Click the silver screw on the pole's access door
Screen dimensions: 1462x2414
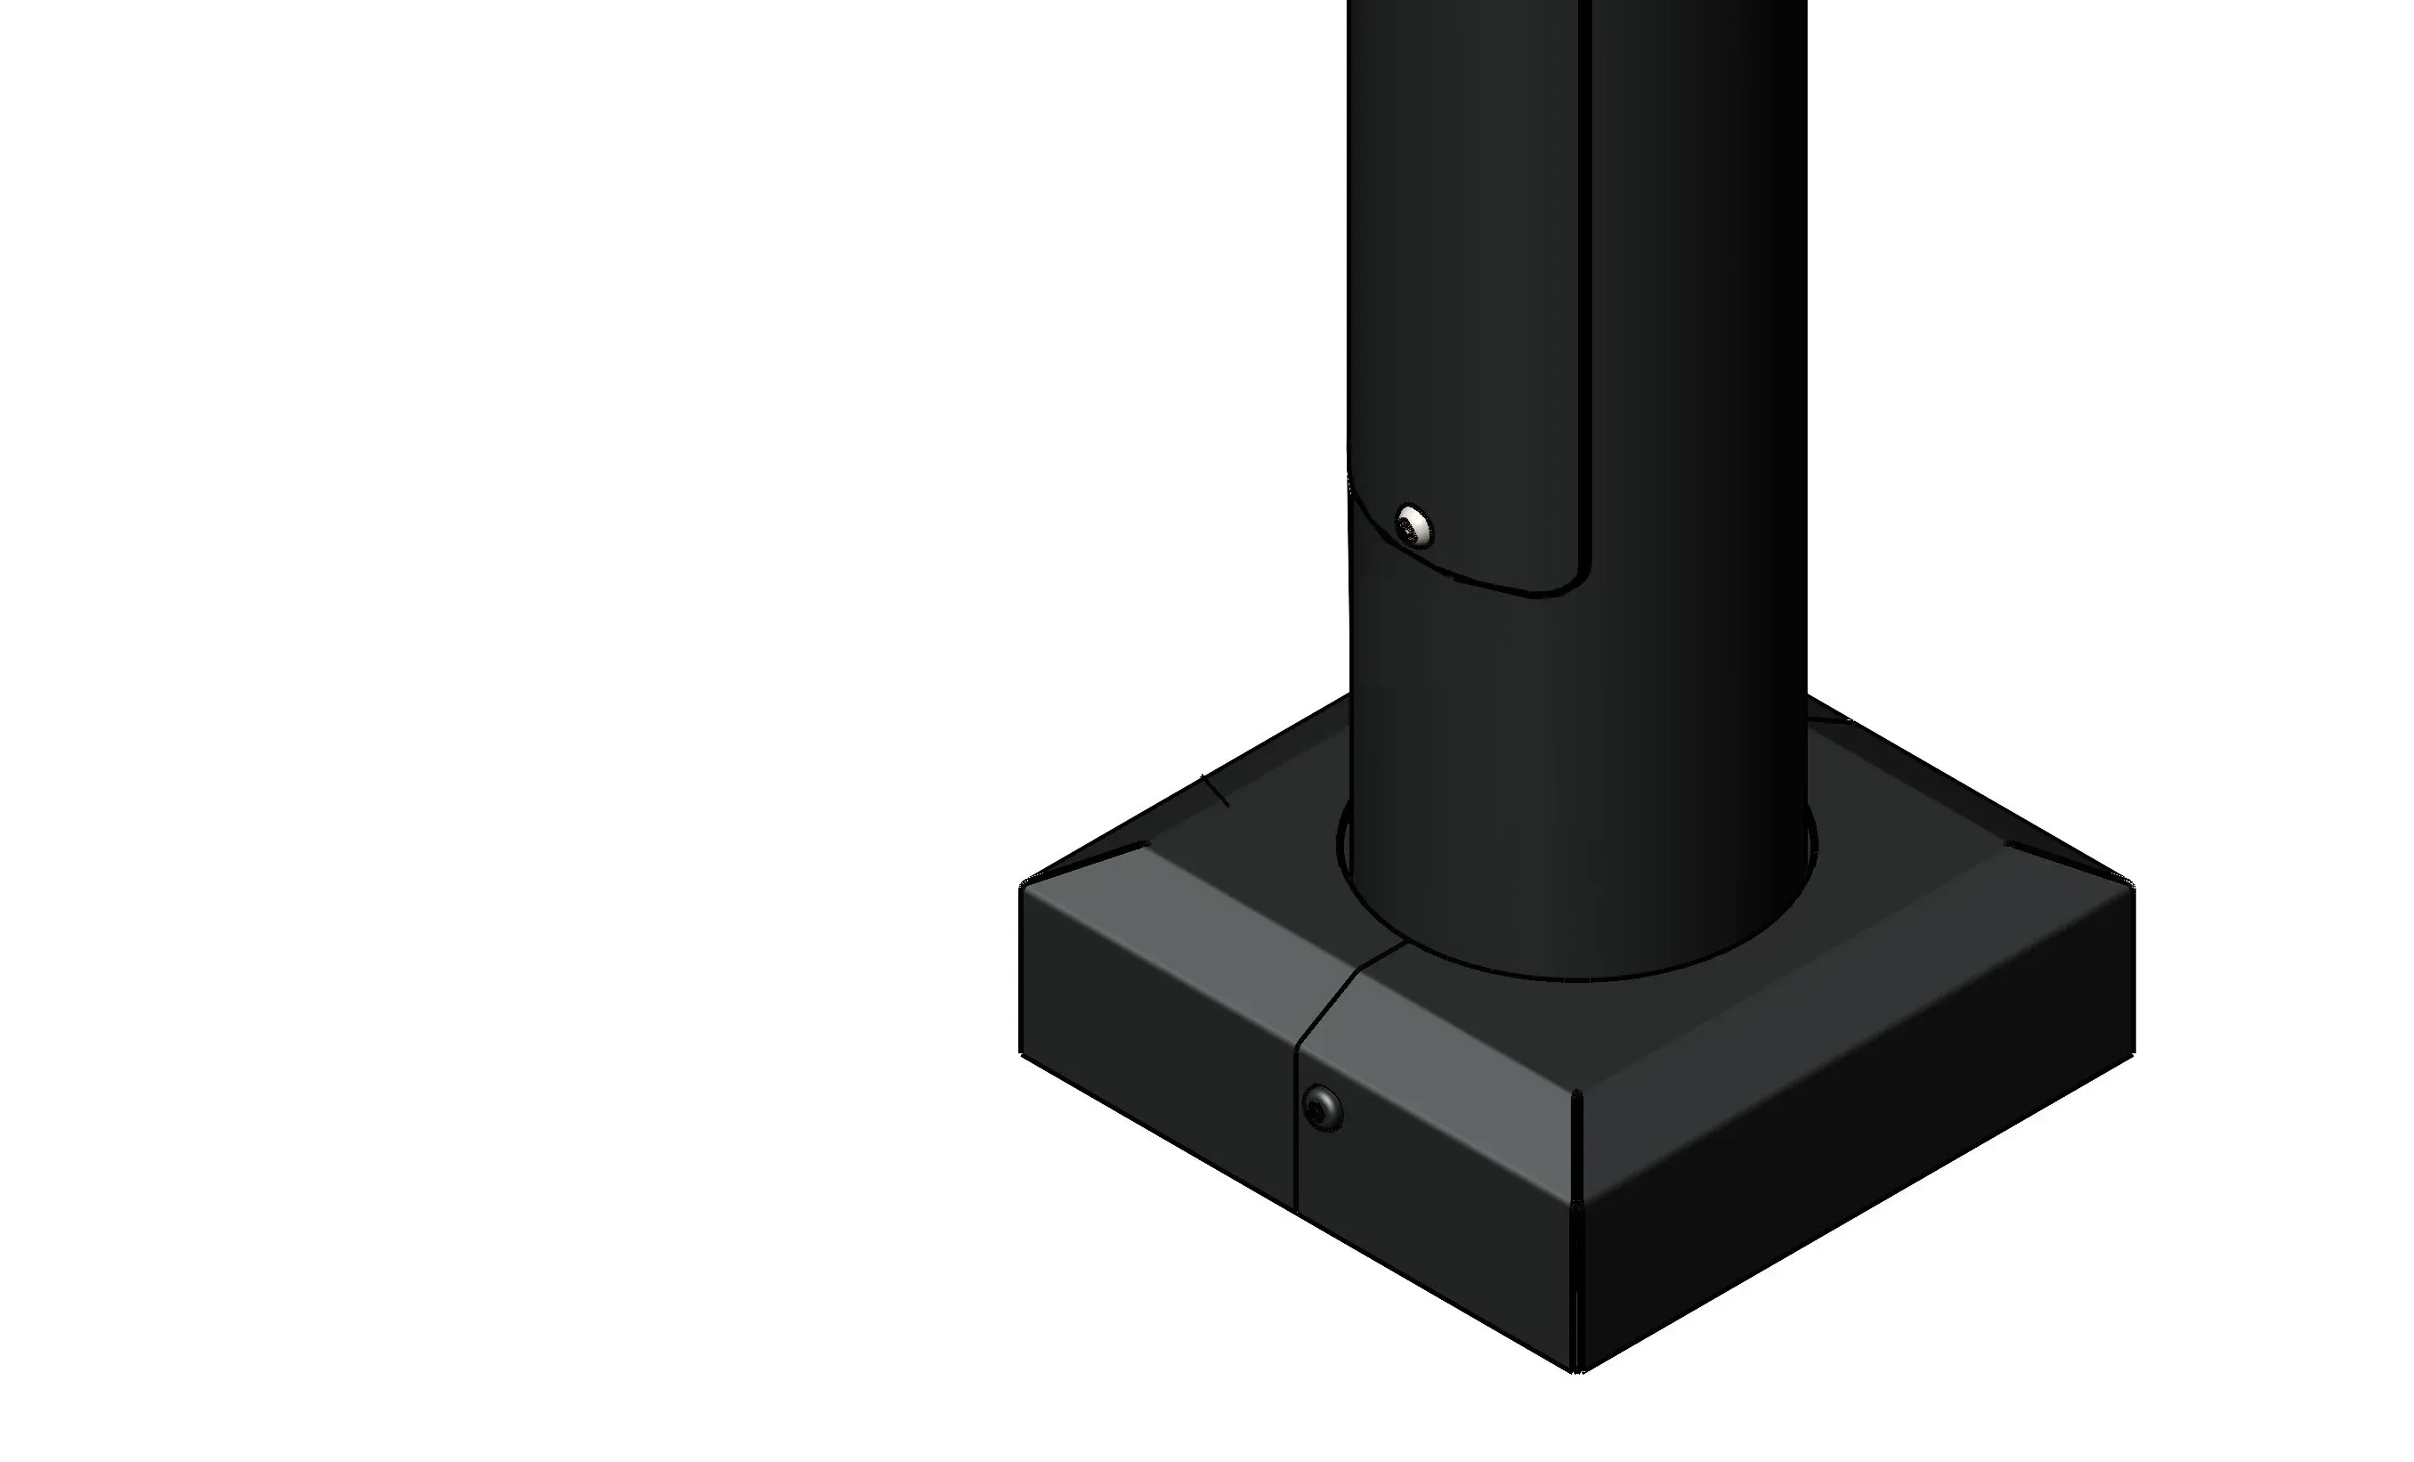[x=1413, y=526]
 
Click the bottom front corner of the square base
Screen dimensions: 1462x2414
[x=1576, y=1371]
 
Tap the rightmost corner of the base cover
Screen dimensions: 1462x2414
[x=2133, y=888]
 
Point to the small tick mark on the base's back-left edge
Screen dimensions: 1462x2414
[x=1215, y=791]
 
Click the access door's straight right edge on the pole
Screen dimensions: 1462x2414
[x=1587, y=294]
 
